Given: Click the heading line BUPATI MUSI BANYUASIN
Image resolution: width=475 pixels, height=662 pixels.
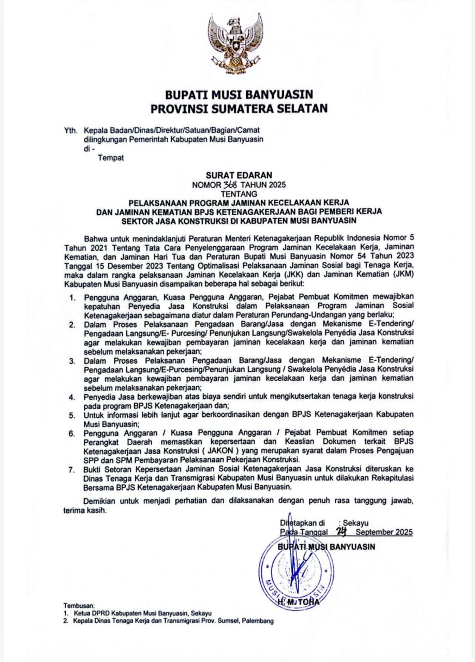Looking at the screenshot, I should coord(239,95).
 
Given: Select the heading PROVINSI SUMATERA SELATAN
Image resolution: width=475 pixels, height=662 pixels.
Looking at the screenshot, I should coord(239,109).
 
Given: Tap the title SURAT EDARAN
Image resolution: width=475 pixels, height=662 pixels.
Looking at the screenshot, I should coord(239,175).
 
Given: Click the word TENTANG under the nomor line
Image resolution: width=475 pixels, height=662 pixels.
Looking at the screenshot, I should coord(239,193).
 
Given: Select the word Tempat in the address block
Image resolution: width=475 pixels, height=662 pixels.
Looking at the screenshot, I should coord(111,158).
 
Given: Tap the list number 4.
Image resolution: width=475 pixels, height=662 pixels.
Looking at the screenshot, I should coord(73,397).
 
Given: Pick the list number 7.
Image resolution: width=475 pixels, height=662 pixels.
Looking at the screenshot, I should coord(73,470).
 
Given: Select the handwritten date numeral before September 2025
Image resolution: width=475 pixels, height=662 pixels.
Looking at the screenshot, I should coord(341,531).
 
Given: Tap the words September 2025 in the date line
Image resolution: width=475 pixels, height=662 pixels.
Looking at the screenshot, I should coord(384,532).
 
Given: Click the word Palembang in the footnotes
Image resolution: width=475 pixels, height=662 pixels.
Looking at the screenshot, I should coord(257,621).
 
